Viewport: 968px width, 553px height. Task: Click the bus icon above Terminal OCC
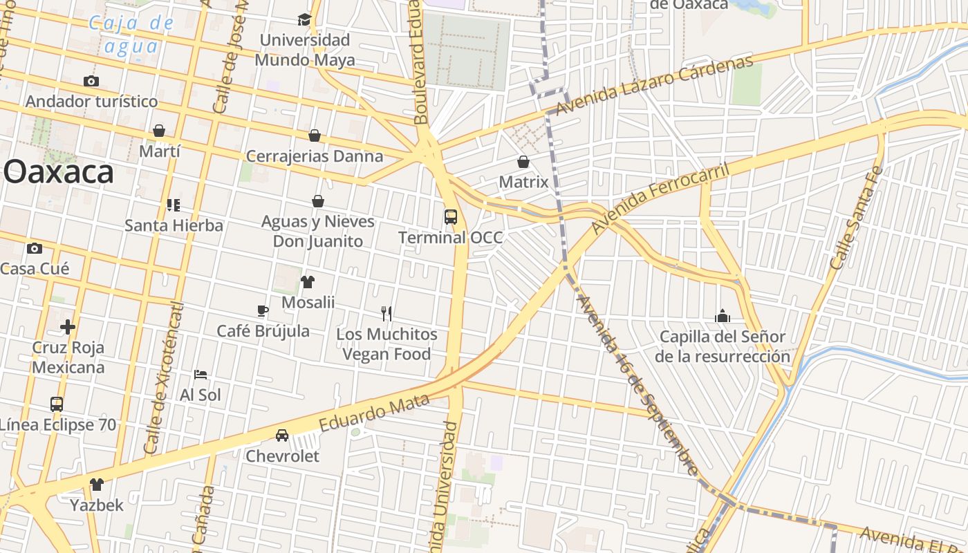451,217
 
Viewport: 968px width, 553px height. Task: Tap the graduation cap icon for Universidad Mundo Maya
304,19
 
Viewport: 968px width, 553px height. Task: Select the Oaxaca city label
59,172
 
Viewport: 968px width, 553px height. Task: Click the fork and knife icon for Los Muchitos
387,314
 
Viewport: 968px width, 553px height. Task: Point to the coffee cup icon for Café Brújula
263,310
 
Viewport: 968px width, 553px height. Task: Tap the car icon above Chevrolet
282,435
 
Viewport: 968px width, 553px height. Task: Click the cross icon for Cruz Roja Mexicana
68,326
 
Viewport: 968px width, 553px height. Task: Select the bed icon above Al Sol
201,375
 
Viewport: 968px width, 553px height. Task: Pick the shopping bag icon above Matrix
523,162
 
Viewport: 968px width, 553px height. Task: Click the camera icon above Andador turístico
91,81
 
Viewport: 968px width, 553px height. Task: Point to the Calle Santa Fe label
856,218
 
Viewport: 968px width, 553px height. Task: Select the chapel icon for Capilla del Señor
723,316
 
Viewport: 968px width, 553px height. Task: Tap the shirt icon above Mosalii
308,282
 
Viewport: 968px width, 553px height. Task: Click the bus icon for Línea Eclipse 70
57,404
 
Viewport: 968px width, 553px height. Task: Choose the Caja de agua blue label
131,35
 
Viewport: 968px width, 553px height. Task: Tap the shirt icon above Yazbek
97,484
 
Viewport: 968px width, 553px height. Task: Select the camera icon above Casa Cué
35,248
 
